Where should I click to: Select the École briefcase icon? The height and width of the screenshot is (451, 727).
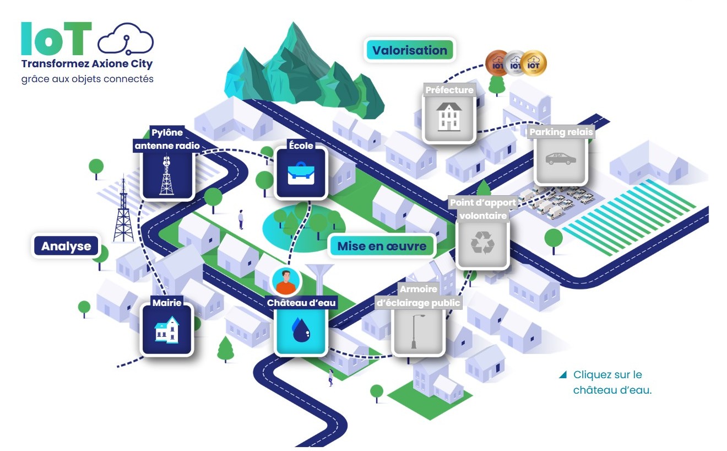(301, 173)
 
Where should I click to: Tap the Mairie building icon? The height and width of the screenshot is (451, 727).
(167, 329)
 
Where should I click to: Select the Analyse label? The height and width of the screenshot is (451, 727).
(66, 246)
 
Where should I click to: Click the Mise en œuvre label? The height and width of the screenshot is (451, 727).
(382, 246)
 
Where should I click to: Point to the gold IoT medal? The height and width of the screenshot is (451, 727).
(533, 64)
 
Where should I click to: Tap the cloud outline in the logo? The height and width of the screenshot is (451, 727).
(125, 41)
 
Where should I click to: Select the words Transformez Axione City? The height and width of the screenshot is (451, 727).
(86, 63)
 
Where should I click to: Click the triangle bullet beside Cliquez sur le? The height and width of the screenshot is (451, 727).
(562, 375)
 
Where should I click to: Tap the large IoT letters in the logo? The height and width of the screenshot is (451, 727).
(56, 39)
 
